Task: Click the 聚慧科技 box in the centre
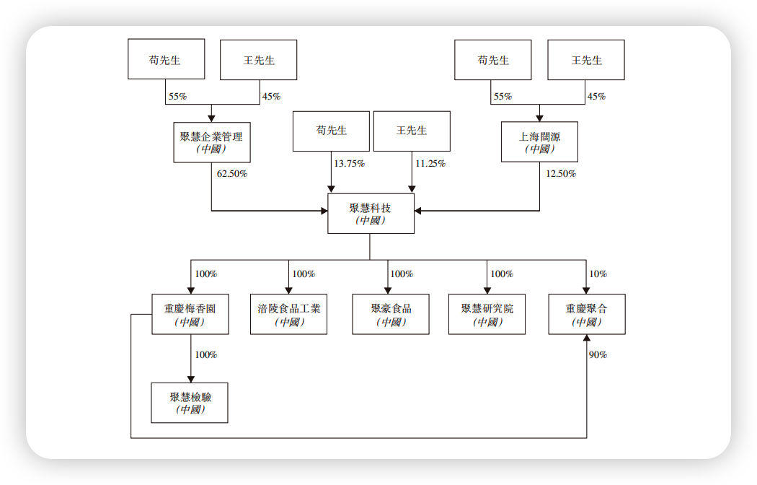click(x=371, y=214)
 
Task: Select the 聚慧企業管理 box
click(x=212, y=142)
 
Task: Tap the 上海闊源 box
click(x=539, y=142)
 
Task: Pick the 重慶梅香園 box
click(x=190, y=315)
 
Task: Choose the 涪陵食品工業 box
click(x=288, y=315)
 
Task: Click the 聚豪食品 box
click(x=391, y=315)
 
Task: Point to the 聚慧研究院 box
click(x=487, y=315)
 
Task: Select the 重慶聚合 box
click(x=587, y=315)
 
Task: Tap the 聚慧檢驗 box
click(x=190, y=403)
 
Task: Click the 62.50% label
click(x=231, y=173)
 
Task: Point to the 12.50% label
click(x=560, y=173)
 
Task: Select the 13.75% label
click(x=349, y=163)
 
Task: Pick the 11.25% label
click(x=430, y=163)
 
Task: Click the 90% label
click(x=598, y=354)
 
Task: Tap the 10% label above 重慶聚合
click(x=598, y=274)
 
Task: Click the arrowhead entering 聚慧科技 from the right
click(x=418, y=211)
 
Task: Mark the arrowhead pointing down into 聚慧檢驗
click(x=191, y=379)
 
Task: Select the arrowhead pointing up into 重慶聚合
click(x=587, y=338)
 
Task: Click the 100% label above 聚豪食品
click(x=402, y=274)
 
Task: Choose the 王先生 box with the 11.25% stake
click(x=412, y=131)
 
